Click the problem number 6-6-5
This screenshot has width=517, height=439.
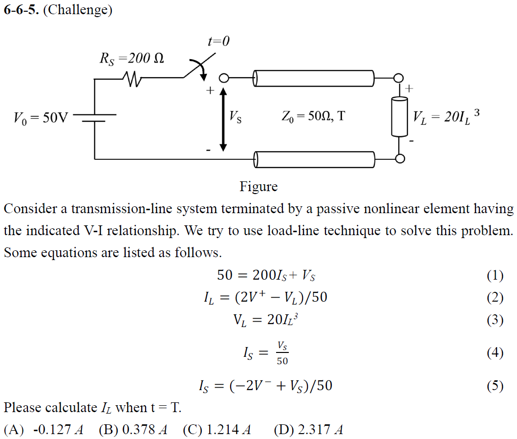pyautogui.click(x=21, y=11)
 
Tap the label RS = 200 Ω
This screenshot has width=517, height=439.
pyautogui.click(x=132, y=59)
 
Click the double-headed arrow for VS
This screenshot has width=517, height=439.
pyautogui.click(x=223, y=119)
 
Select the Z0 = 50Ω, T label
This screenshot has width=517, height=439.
pyautogui.click(x=313, y=117)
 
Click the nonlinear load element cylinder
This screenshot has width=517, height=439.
pyautogui.click(x=399, y=116)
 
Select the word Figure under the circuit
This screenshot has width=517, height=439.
pyautogui.click(x=258, y=187)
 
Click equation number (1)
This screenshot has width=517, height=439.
pyautogui.click(x=495, y=276)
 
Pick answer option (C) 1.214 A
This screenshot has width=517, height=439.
pyautogui.click(x=217, y=430)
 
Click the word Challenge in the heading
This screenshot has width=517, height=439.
pyautogui.click(x=78, y=11)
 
